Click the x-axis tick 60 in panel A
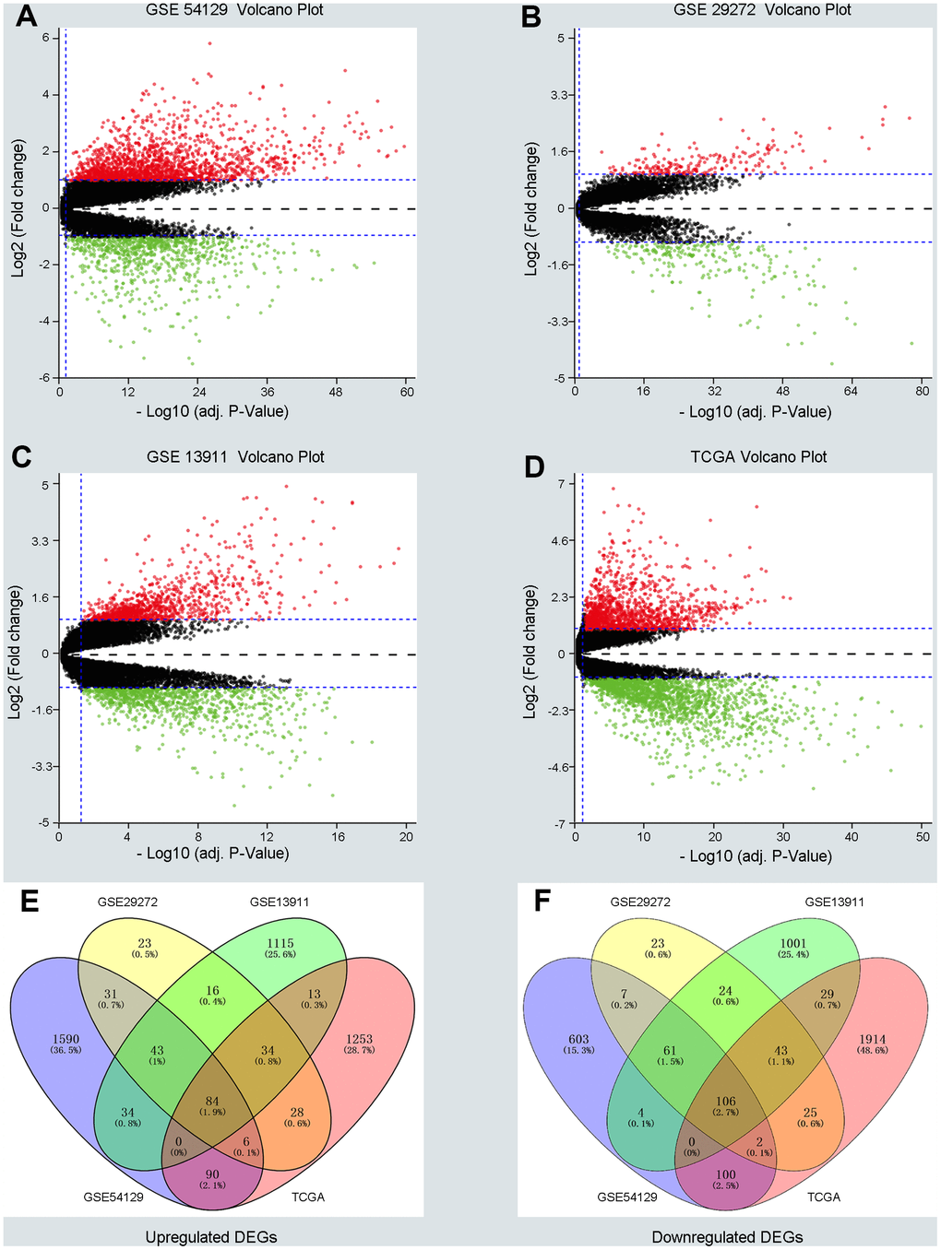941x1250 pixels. click(x=407, y=392)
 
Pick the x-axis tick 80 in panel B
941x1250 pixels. click(x=923, y=392)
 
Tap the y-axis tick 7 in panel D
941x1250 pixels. click(x=558, y=483)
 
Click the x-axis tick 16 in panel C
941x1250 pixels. click(x=338, y=836)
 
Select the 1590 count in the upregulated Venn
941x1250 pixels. click(x=66, y=1039)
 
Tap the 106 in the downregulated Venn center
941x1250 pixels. click(x=726, y=1101)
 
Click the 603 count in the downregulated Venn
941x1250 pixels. click(x=578, y=1039)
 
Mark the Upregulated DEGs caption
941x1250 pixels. click(x=211, y=1237)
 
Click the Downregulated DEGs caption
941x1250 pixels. click(x=727, y=1237)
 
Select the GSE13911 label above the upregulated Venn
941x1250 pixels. click(x=280, y=902)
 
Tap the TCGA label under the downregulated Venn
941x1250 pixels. click(x=824, y=1197)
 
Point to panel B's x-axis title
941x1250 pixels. click(x=755, y=412)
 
